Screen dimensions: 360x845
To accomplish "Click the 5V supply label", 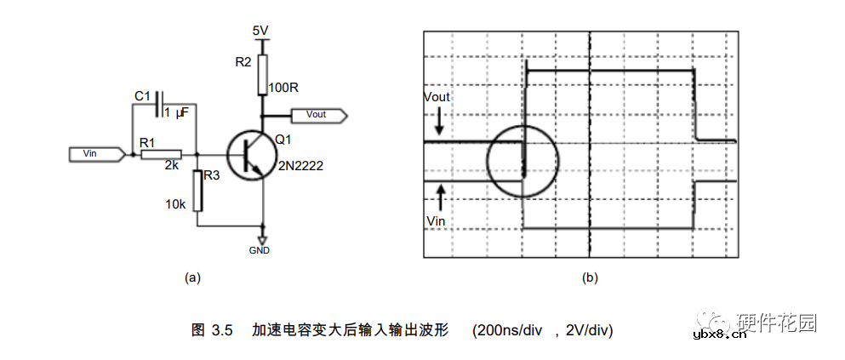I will coord(261,31).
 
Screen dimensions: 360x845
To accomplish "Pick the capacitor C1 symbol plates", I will coord(158,104).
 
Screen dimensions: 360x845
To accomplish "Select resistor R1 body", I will coord(161,154).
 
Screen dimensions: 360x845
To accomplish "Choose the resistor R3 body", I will coord(197,191).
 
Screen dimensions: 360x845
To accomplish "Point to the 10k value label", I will coord(174,204).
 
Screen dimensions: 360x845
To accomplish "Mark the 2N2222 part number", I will coord(300,165).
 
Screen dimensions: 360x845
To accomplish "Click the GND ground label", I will coord(260,251).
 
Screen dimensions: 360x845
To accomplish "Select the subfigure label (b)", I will coord(589,277).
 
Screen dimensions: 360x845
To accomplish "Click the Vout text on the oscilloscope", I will coord(437,97).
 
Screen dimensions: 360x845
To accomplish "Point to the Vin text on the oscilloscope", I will coord(435,220).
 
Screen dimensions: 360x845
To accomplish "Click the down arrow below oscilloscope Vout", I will coord(439,123).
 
